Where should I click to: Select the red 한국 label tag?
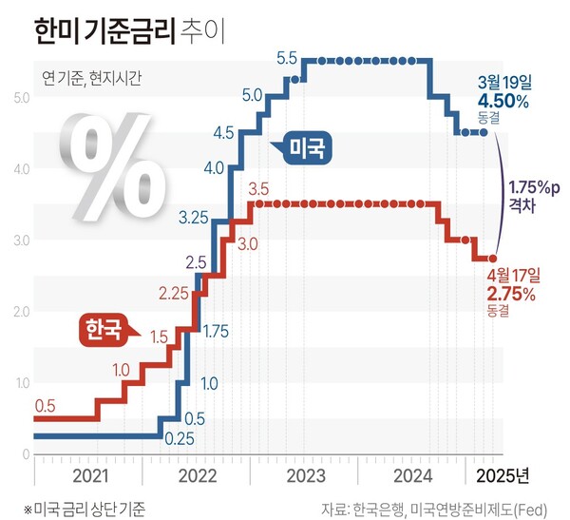tap(104, 330)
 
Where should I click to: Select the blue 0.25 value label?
tap(180, 439)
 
